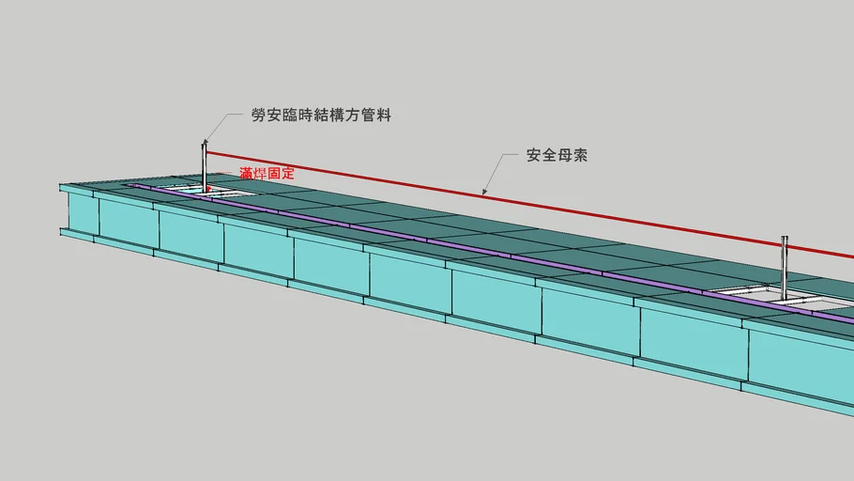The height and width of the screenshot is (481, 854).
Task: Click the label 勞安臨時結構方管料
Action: [x=321, y=115]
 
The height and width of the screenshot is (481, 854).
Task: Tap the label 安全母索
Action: [x=557, y=155]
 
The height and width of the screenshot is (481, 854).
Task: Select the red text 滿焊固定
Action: [x=267, y=174]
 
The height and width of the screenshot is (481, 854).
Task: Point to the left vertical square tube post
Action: [x=205, y=167]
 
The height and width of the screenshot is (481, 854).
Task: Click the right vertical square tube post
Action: [x=785, y=267]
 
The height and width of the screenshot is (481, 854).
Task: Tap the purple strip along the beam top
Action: [x=490, y=252]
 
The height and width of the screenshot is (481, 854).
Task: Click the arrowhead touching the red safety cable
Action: [x=484, y=191]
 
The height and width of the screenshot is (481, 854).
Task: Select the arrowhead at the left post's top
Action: [x=206, y=143]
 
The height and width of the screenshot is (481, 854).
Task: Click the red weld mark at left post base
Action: [x=208, y=189]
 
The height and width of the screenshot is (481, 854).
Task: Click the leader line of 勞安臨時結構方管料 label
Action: [x=222, y=126]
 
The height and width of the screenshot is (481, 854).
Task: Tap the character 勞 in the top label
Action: [x=259, y=115]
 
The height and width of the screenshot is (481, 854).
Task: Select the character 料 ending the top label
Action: [x=384, y=115]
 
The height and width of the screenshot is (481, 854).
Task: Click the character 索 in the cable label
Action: [x=580, y=155]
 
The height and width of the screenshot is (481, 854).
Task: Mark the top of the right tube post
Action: [x=785, y=238]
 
